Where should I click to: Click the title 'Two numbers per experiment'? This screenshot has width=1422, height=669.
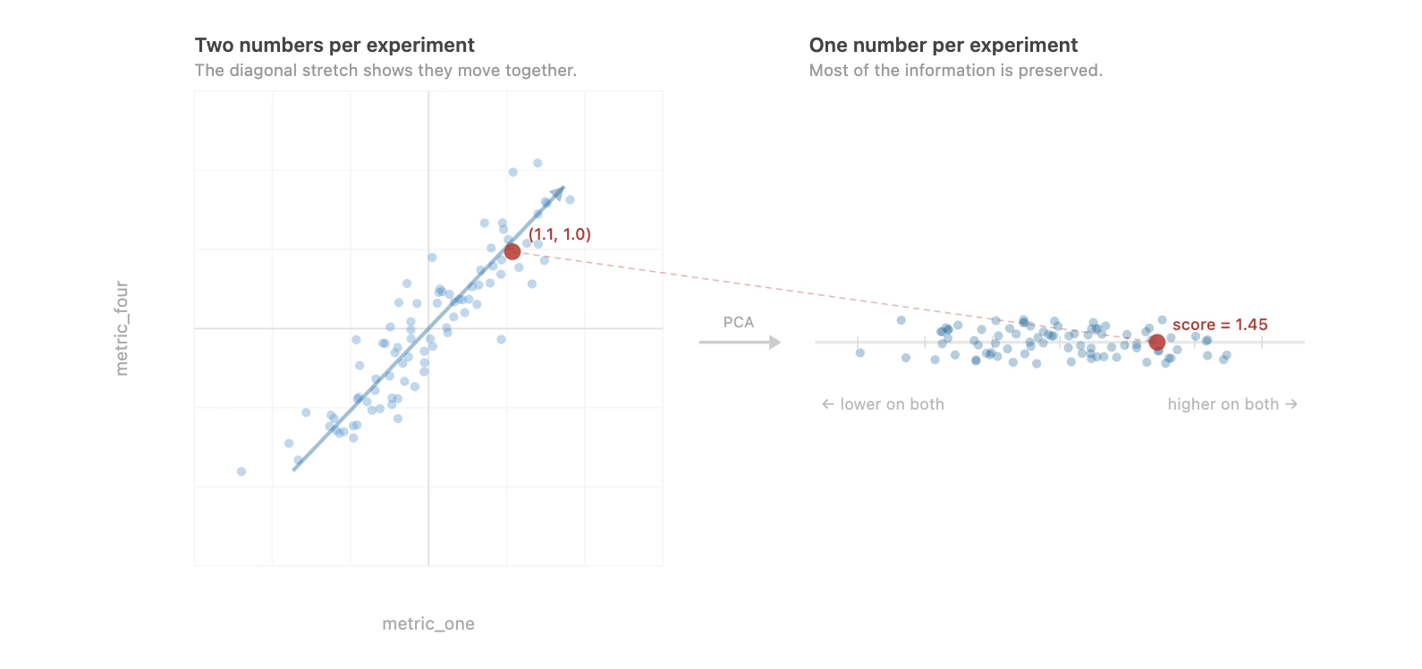[x=334, y=46]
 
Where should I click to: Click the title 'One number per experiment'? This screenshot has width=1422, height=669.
[x=944, y=46]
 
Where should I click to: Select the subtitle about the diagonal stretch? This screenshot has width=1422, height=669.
[x=385, y=71]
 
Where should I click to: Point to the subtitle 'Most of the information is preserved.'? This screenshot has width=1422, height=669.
[x=955, y=71]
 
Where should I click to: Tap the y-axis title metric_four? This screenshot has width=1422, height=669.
[x=122, y=328]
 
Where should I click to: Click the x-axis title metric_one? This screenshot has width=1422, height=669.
[x=428, y=624]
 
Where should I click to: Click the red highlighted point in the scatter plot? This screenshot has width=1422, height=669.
[x=512, y=251]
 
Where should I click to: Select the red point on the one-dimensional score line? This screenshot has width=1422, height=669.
[x=1157, y=343]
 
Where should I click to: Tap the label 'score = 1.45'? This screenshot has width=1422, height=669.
[x=1220, y=325]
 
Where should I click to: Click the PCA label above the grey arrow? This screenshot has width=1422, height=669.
[x=739, y=322]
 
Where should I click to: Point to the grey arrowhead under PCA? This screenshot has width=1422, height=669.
[x=775, y=343]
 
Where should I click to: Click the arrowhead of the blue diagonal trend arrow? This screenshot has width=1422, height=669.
[x=559, y=192]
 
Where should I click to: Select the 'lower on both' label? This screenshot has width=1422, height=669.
[x=884, y=404]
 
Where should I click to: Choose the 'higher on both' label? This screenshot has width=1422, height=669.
[x=1232, y=404]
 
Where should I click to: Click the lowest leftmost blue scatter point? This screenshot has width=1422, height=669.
[x=241, y=471]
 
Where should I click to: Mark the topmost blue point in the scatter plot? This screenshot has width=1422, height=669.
[x=537, y=163]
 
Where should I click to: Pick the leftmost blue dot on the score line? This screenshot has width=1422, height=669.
[x=860, y=353]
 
